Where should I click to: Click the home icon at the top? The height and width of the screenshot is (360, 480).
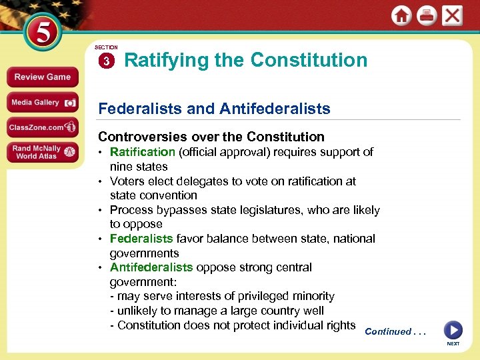(x=401, y=16)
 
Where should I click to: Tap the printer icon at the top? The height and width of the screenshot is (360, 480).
(x=427, y=16)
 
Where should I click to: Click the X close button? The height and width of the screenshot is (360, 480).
(x=452, y=15)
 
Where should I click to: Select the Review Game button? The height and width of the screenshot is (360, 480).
(x=42, y=77)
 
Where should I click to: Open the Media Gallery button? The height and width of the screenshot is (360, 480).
(x=42, y=102)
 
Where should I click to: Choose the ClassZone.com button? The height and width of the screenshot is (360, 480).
(x=42, y=127)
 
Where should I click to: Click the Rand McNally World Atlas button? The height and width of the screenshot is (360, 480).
(x=42, y=152)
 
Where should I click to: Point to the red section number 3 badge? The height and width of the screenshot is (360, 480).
(x=106, y=61)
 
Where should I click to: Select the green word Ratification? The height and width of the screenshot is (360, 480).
(x=142, y=152)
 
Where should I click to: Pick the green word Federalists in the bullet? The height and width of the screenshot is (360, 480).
(x=141, y=239)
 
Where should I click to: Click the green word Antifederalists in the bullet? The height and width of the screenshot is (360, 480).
(x=151, y=267)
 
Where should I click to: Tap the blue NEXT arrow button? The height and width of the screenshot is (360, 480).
(x=453, y=330)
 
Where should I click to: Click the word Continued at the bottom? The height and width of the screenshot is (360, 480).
(x=388, y=331)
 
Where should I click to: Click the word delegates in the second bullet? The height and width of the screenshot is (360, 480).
(x=217, y=181)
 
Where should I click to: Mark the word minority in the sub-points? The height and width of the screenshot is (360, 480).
(x=313, y=296)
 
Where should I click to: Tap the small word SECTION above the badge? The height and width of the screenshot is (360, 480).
(x=106, y=48)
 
